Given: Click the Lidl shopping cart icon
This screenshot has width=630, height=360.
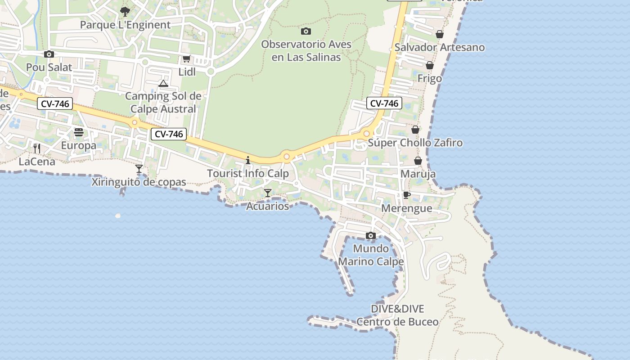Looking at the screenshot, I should coord(186,58).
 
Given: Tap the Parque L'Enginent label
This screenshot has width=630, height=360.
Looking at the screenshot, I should coord(125,25).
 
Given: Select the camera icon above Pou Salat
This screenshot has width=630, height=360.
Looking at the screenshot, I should coord(49,54).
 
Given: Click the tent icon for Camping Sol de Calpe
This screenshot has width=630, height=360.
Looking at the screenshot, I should coord(163,83).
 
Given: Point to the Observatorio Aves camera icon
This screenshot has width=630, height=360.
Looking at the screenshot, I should coord(306,31).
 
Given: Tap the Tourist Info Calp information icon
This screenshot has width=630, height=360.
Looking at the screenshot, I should coord(247,160).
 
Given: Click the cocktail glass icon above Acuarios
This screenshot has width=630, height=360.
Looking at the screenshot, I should coord(268,193).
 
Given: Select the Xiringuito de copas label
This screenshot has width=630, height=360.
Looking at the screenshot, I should coord(139,182).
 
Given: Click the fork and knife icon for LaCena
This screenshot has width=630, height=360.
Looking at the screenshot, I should coord(37,148).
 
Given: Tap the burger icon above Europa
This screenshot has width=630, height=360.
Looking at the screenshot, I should coord(79,132).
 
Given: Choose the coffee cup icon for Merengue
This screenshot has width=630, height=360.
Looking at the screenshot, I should coord(406,195).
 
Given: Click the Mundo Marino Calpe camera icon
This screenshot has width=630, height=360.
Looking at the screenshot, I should coord(371,235).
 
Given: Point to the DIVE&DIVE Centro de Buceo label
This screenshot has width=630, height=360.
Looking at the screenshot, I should coord(397,315).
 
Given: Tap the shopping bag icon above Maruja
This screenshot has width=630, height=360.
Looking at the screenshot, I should coord(418,161).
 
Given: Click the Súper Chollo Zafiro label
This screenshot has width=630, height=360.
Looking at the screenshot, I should coord(415,143).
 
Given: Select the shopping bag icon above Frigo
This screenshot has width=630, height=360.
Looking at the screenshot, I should coord(430,65).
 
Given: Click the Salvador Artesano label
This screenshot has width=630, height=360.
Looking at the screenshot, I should coord(439,47).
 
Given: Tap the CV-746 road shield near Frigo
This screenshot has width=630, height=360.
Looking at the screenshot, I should coord(384,103).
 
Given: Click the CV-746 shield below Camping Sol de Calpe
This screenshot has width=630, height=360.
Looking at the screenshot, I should coord(169,134).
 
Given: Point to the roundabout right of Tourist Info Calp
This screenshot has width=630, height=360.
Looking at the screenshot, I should coord(287,157).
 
